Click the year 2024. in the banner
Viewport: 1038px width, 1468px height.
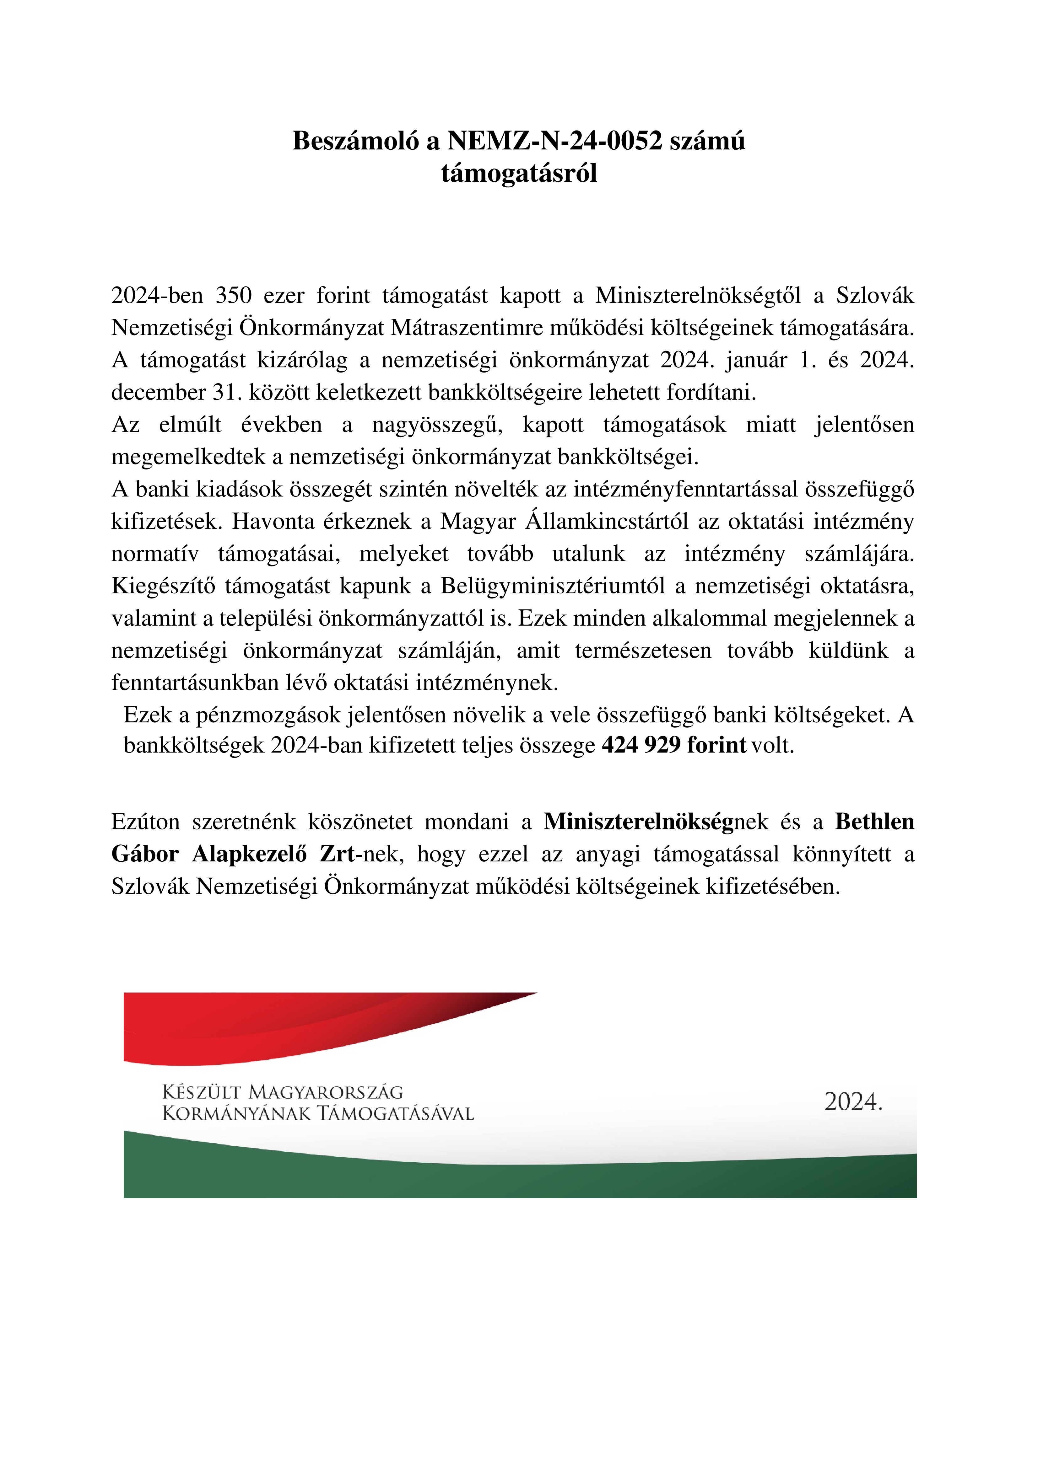pos(853,1102)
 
